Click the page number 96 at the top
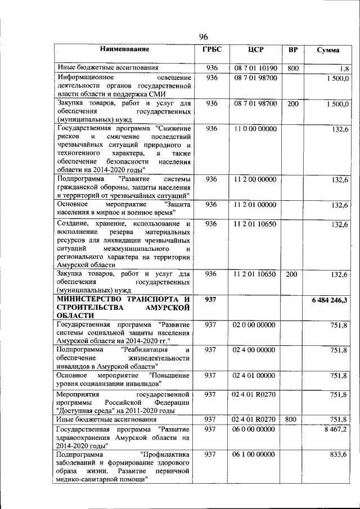204,37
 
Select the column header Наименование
124,49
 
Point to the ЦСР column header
256,49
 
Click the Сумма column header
327,50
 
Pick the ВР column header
292,49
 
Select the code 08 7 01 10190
256,68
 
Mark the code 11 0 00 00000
256,129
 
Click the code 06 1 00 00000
256,454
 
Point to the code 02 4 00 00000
256,350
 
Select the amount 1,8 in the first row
343,69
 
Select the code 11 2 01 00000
256,204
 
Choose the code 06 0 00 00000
256,429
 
